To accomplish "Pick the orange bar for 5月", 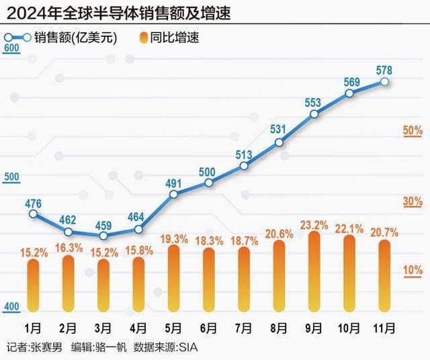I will pyautogui.click(x=173, y=279).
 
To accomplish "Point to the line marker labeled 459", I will pyautogui.click(x=103, y=236).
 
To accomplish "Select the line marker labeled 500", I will pyautogui.click(x=208, y=183).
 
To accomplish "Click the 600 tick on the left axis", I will pyautogui.click(x=11, y=48).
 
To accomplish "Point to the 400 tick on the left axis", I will pyautogui.click(x=11, y=307).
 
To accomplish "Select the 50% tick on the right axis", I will pyautogui.click(x=412, y=129).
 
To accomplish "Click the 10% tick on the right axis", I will pyautogui.click(x=412, y=270).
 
